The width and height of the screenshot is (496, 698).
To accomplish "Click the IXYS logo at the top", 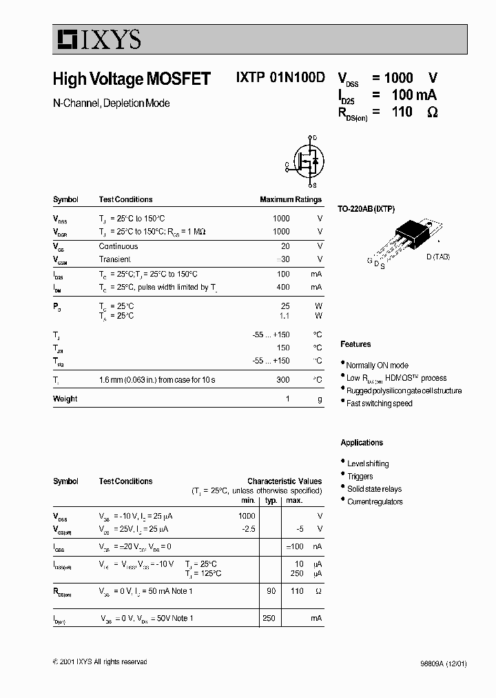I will [97, 40].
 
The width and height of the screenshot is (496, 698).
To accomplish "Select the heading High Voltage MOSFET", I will [132, 79].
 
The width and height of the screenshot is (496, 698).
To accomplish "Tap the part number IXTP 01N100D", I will [280, 79].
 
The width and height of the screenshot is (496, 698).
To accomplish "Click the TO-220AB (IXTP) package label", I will [366, 208].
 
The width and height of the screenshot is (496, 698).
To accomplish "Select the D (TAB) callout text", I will [437, 257].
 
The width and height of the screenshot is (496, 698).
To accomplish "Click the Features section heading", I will [355, 344].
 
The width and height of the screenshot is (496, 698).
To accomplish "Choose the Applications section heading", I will [362, 443].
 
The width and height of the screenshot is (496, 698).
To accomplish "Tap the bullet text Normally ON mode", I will [377, 366].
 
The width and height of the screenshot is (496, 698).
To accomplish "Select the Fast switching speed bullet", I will [379, 403].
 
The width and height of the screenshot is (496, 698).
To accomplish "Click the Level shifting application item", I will [368, 463].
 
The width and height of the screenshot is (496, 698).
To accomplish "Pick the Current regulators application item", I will [375, 502].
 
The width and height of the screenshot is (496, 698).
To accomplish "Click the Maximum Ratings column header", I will [291, 199].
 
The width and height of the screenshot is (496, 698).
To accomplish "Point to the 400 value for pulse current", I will [282, 287].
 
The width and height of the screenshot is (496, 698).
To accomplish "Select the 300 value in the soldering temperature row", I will [282, 380].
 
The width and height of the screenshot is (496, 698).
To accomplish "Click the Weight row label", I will [65, 399].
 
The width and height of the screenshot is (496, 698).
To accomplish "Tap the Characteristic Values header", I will [285, 481].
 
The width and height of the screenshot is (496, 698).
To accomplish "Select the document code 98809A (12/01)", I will [443, 664].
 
